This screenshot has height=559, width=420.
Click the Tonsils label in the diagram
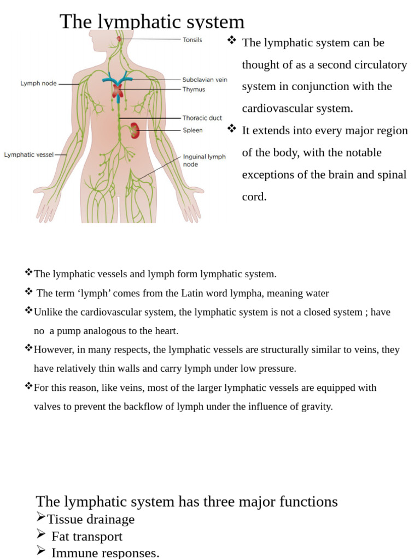click(x=192, y=40)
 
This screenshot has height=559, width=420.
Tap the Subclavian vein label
click(x=205, y=80)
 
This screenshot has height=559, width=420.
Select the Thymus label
click(x=194, y=90)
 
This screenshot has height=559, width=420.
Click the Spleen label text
click(x=192, y=130)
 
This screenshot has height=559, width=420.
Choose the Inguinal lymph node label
click(x=203, y=160)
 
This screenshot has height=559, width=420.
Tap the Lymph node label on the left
click(x=38, y=84)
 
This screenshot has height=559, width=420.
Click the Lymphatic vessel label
click(x=29, y=154)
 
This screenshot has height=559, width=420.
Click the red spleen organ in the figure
click(x=134, y=130)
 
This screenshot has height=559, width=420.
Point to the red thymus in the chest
click(x=118, y=91)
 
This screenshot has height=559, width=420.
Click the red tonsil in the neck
click(x=119, y=39)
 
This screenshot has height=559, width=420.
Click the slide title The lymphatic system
click(x=152, y=22)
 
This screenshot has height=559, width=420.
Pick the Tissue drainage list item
click(x=91, y=519)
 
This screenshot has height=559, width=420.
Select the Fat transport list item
click(x=86, y=537)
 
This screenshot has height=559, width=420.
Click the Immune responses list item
click(x=105, y=552)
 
